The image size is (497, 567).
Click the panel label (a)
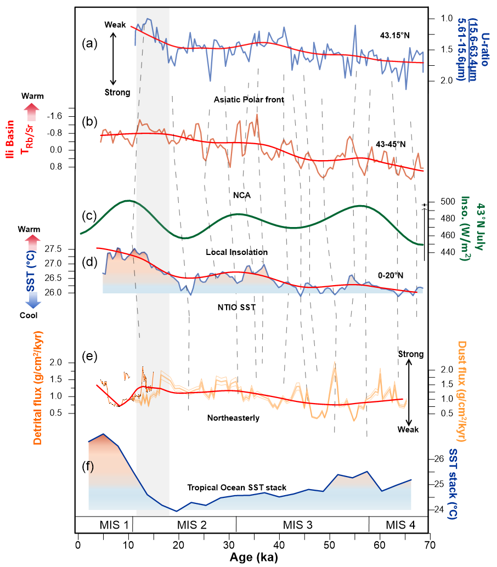coord(89,43)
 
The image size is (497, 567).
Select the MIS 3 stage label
coord(301,524)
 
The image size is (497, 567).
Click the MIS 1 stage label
coord(114,524)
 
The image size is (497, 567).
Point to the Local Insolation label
coord(237,252)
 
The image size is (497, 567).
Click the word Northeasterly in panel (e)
coord(233,418)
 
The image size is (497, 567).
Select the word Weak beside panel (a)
coord(116,25)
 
